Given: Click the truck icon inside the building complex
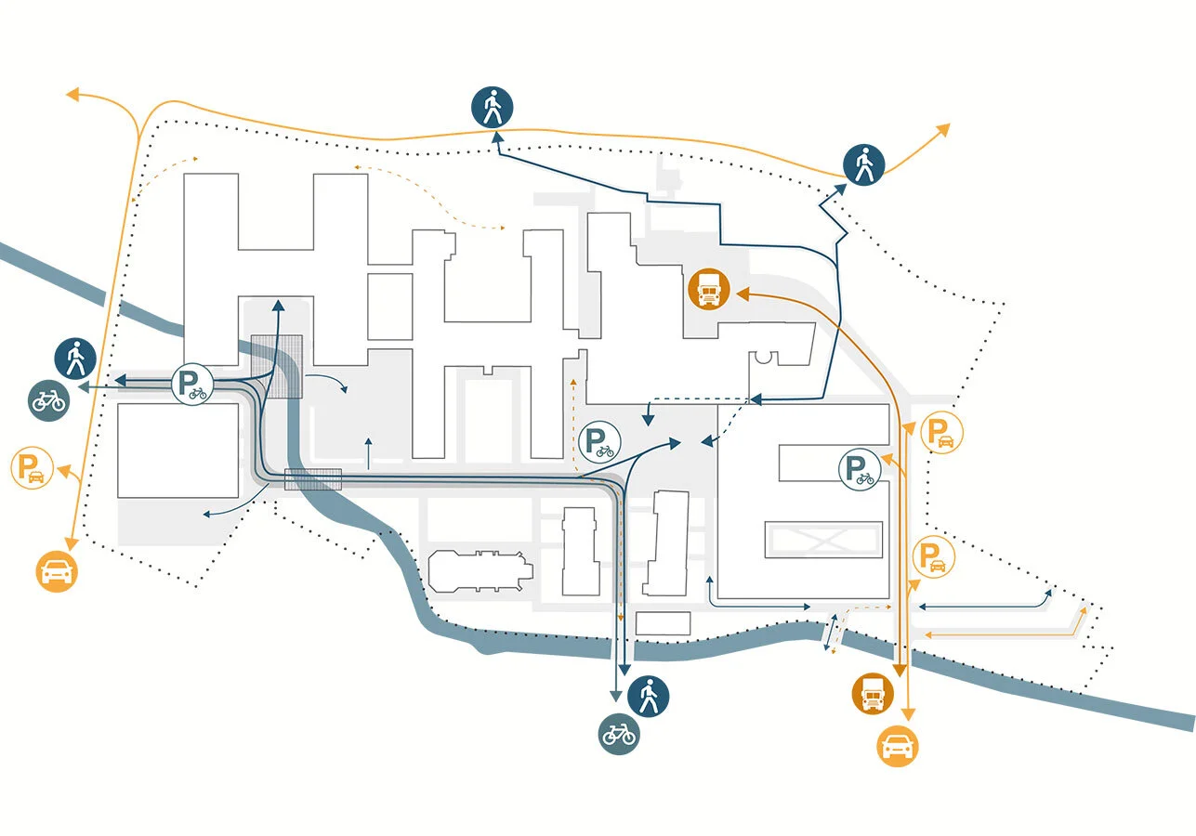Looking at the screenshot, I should (709, 290).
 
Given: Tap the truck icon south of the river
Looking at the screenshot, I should (873, 694).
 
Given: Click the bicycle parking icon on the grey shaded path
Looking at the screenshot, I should (192, 384).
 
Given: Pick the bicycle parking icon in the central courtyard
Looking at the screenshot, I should (599, 441).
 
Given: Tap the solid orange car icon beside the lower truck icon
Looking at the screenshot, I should (899, 746).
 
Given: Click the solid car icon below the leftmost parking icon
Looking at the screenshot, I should (57, 570).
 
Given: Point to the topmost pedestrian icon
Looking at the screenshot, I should (492, 107).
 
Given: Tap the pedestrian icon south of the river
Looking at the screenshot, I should (649, 695).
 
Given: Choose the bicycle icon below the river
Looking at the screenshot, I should (618, 734).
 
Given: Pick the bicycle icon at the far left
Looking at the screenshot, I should (47, 401).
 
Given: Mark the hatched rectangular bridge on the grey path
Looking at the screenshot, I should (312, 479).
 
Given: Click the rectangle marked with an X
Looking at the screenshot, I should (822, 539).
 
